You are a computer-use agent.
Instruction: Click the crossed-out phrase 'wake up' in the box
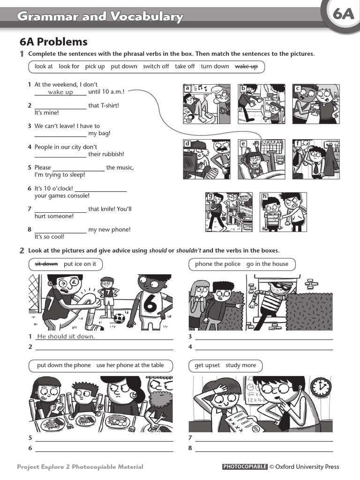(246, 67)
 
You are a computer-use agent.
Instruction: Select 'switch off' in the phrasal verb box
(156, 67)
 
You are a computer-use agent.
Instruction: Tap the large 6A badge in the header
(344, 15)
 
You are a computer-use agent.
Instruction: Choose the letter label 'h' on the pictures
(265, 196)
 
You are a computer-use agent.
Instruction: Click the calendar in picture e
(272, 147)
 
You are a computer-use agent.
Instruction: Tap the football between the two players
(119, 318)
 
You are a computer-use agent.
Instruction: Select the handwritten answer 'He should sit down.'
(66, 337)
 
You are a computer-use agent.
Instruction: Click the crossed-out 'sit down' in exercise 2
(46, 264)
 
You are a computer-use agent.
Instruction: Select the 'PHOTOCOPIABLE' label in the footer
(245, 467)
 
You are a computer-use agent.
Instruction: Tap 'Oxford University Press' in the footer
(307, 467)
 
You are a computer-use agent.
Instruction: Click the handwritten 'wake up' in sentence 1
(60, 92)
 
